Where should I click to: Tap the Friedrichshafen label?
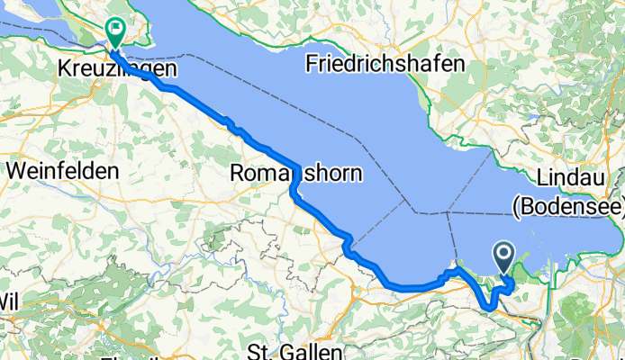coord(385,64)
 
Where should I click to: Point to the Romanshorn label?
coord(296,172)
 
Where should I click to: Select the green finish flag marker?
coord(116,32)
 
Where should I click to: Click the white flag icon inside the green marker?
coord(116,29)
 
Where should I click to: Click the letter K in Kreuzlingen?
coord(63,68)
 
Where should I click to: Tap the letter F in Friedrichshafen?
coord(312,64)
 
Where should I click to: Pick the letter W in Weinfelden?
coord(15,170)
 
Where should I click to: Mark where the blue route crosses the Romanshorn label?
coord(294,174)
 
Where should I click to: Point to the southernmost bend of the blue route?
coord(489,309)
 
